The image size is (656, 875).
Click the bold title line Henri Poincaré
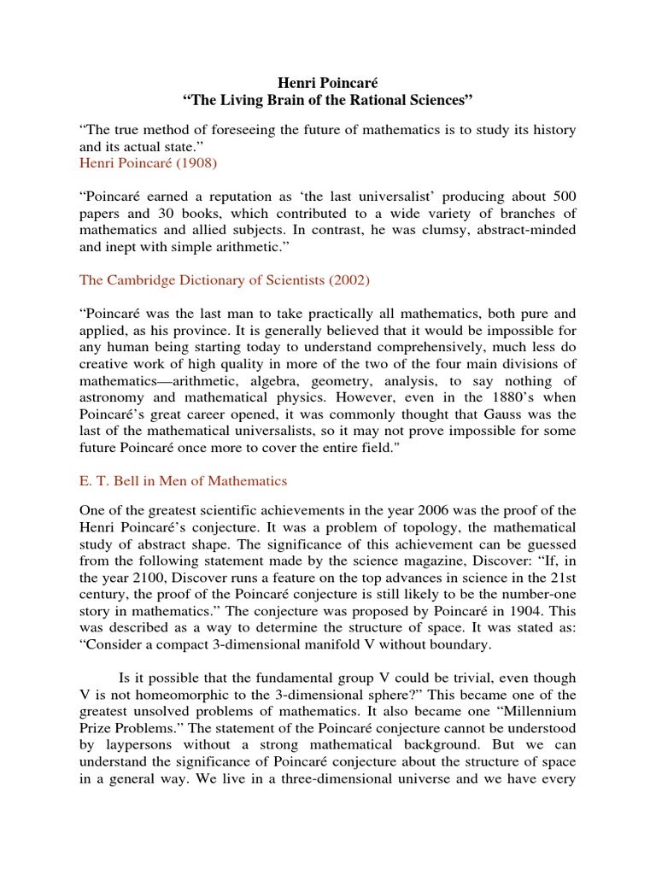click(x=328, y=83)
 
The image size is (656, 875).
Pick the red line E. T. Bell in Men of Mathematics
click(x=183, y=481)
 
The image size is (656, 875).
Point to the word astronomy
click(x=111, y=397)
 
